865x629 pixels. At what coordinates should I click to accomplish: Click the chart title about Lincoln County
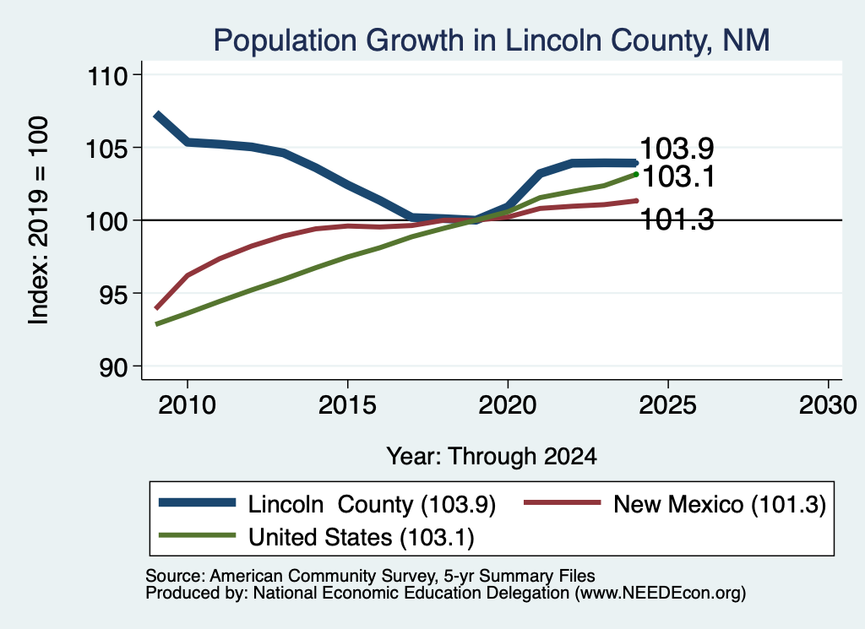pos(491,41)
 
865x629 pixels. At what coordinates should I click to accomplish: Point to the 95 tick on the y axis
pos(113,294)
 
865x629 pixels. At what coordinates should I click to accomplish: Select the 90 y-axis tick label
pos(113,366)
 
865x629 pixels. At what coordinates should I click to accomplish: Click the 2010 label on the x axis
pos(187,405)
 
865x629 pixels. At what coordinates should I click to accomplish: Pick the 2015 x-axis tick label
pos(347,405)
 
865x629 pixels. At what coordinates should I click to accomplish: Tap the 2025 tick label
pos(667,405)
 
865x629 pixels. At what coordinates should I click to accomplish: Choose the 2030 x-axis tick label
pos(828,405)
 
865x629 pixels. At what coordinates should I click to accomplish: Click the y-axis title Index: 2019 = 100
pos(39,220)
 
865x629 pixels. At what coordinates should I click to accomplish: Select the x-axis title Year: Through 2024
pos(492,457)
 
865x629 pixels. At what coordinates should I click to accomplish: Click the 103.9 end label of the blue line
pos(677,149)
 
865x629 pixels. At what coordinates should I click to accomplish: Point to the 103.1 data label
pos(678,177)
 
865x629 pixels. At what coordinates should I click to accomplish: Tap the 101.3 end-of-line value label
pos(677,220)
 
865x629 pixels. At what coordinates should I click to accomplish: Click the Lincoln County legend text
pos(372,504)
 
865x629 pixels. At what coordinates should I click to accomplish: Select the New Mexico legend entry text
pos(720,504)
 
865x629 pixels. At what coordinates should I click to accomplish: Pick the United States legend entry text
pos(362,538)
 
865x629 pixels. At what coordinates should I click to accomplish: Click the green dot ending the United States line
pos(636,174)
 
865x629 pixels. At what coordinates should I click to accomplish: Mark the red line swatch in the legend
pos(562,502)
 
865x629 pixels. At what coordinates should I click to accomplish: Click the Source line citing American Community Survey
pos(370,576)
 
